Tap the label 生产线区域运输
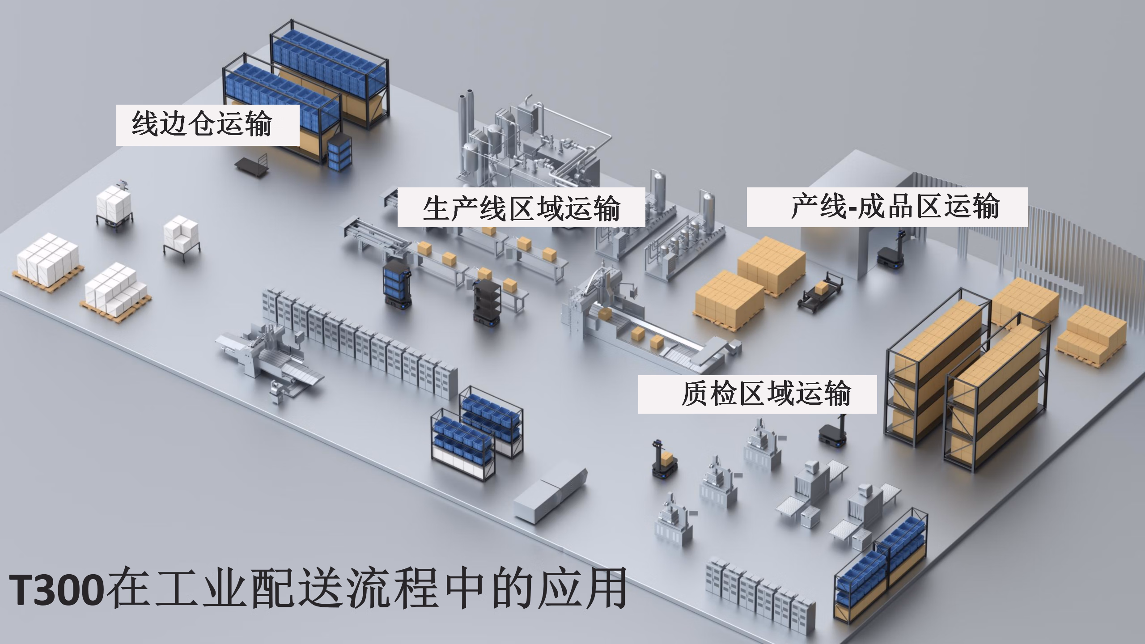[x=521, y=208]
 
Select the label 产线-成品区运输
[x=895, y=206]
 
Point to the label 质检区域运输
[x=765, y=394]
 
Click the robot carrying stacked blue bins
[x=396, y=285]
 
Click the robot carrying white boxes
[x=114, y=208]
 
